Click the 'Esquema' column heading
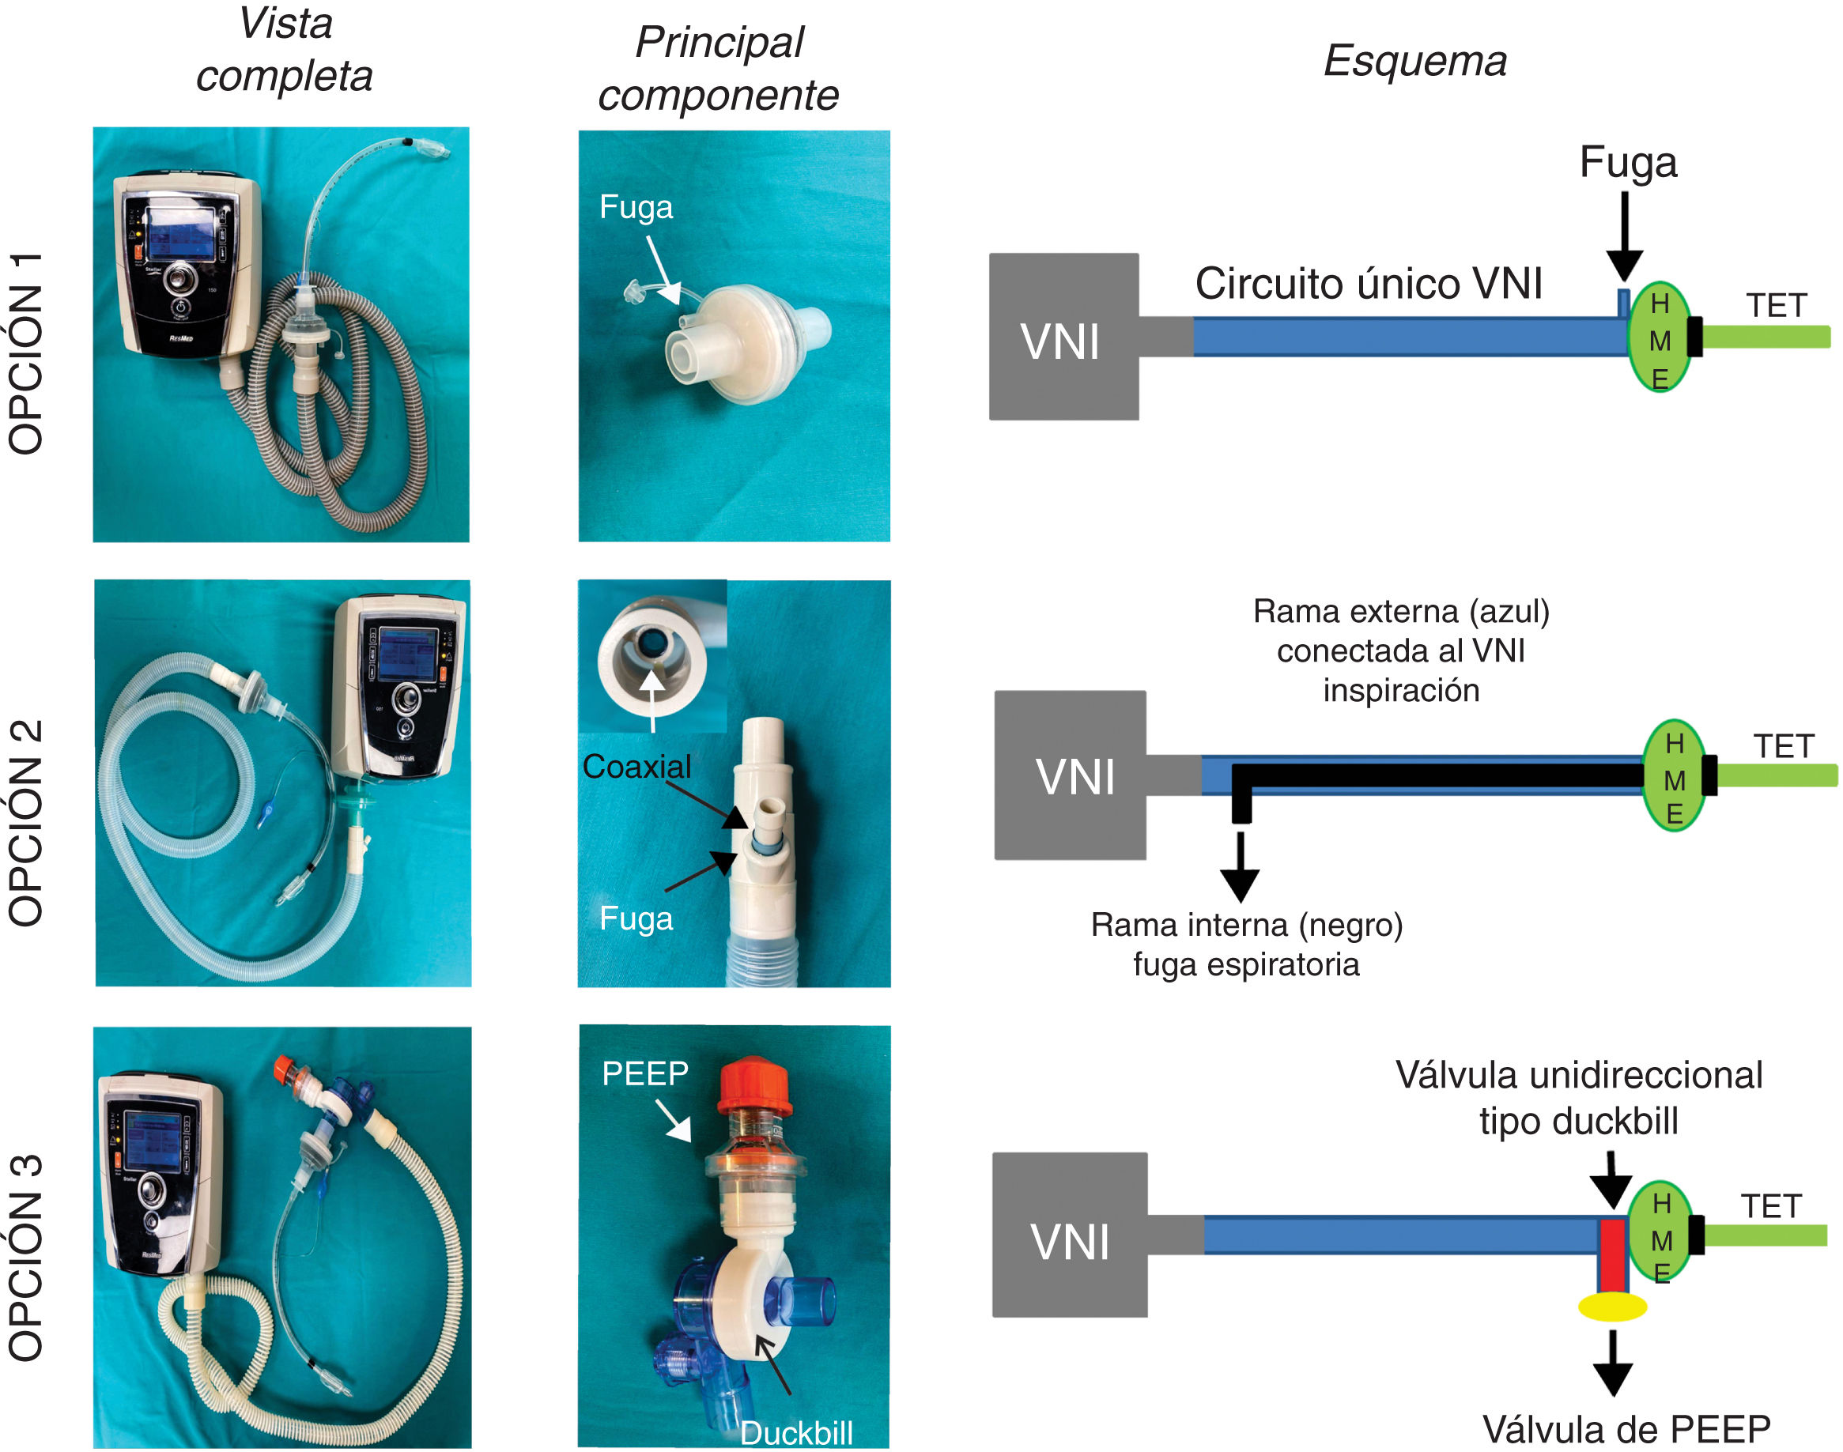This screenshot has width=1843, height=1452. click(1414, 61)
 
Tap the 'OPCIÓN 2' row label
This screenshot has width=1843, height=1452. click(25, 822)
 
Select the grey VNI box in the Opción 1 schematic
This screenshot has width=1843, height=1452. click(1063, 337)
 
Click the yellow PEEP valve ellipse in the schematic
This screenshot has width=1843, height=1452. click(1611, 1307)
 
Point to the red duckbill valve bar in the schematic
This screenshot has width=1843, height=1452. click(1611, 1254)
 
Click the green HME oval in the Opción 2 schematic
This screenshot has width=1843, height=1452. click(1674, 775)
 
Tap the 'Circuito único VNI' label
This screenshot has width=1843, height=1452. click(1368, 283)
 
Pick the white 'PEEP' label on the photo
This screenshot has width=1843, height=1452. click(644, 1073)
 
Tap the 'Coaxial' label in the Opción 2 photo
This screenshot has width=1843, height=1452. click(637, 767)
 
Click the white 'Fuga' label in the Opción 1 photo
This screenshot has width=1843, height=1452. click(636, 207)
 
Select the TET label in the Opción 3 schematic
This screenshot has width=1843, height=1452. click(1771, 1206)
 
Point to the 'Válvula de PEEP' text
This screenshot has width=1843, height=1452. click(1626, 1429)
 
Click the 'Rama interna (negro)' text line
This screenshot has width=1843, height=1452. click(1246, 925)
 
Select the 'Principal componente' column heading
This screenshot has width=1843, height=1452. click(719, 68)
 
